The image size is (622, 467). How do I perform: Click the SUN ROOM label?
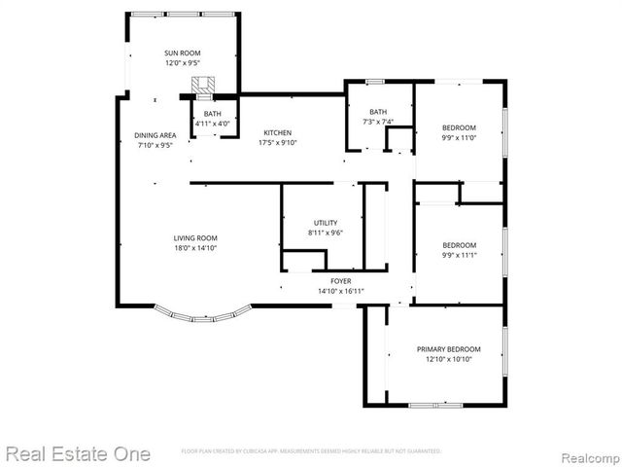click(x=182, y=53)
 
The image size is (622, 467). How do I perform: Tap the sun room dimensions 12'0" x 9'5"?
click(x=182, y=62)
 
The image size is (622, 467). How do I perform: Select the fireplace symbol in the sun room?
click(x=203, y=86)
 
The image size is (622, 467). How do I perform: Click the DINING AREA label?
click(x=155, y=135)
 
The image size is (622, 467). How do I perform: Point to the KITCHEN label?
click(x=277, y=132)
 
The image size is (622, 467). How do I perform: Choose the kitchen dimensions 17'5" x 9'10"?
click(x=277, y=143)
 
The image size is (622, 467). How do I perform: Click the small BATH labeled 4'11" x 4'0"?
click(x=212, y=119)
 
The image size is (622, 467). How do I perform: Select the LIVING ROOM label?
click(x=195, y=238)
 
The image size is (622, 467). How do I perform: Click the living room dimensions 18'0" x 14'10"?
click(x=195, y=248)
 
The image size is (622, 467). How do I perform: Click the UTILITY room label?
click(x=326, y=223)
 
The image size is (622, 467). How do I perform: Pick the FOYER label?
click(x=340, y=280)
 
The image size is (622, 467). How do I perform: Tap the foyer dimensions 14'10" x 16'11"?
click(x=340, y=291)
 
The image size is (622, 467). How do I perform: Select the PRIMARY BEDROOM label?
click(x=448, y=349)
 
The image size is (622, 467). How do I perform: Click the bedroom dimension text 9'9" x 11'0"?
click(x=460, y=138)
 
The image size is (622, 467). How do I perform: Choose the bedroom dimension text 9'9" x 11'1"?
click(x=460, y=255)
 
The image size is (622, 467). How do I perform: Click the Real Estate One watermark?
click(x=78, y=453)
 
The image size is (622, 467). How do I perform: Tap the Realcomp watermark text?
click(x=580, y=453)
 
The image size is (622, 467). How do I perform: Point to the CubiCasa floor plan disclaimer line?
click(x=311, y=451)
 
